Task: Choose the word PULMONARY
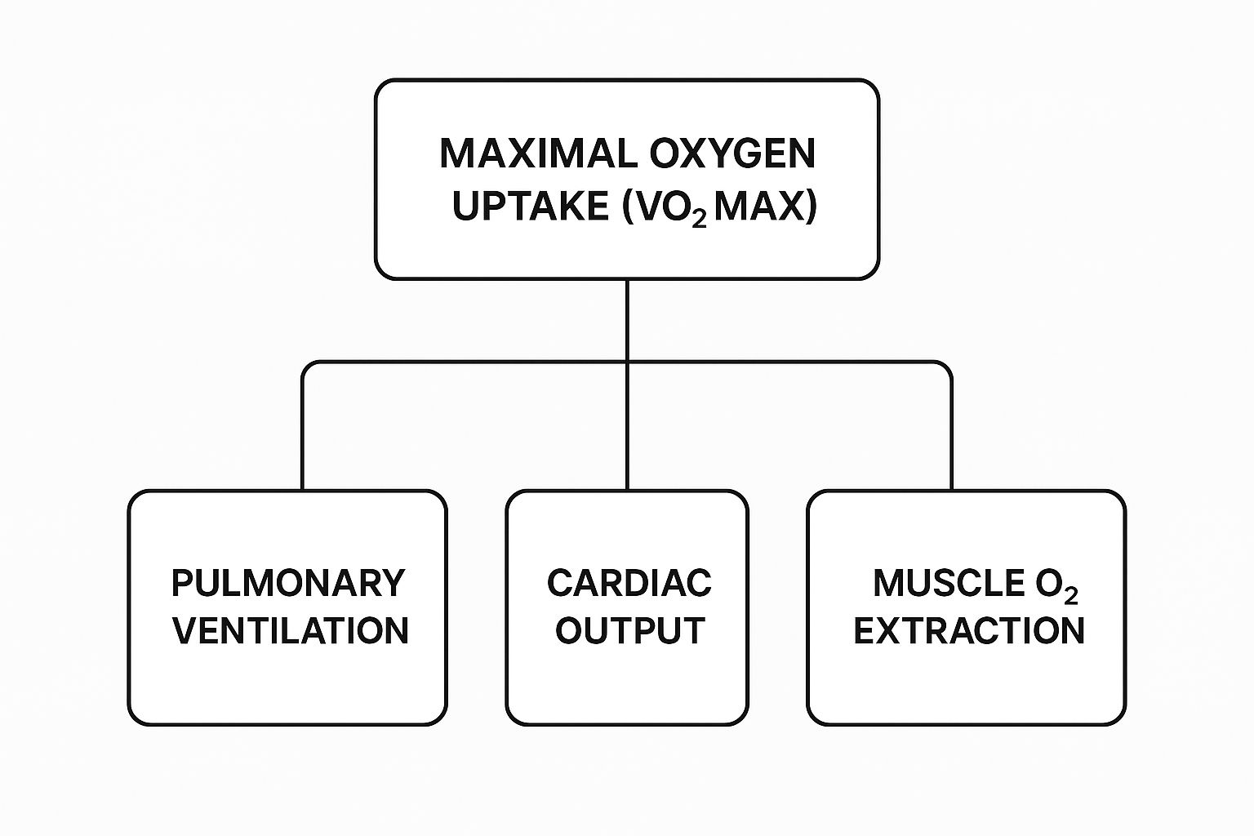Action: pyautogui.click(x=288, y=583)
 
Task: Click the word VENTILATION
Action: pyautogui.click(x=291, y=630)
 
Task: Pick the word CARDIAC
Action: pyautogui.click(x=629, y=583)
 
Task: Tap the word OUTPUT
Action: pyautogui.click(x=629, y=630)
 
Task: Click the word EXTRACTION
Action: pyautogui.click(x=969, y=630)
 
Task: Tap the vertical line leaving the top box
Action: pyautogui.click(x=627, y=318)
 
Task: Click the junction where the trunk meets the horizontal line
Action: pyautogui.click(x=627, y=362)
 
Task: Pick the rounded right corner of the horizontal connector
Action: pyautogui.click(x=947, y=367)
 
